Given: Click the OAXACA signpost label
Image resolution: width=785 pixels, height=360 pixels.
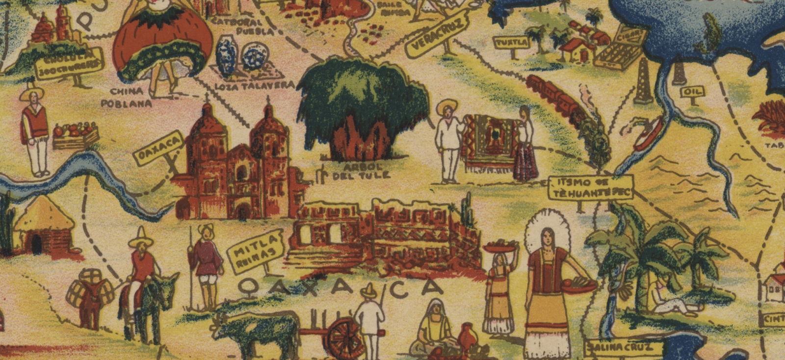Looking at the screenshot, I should pyautogui.click(x=153, y=150).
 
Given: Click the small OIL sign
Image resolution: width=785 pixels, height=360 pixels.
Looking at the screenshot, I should pyautogui.click(x=692, y=91).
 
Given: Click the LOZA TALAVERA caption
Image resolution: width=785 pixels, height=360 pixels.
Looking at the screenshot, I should pyautogui.click(x=255, y=85).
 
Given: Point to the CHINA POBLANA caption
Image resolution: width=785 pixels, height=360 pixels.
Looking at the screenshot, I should pyautogui.click(x=126, y=97).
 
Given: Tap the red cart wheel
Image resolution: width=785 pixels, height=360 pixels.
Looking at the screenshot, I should pyautogui.click(x=346, y=338).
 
